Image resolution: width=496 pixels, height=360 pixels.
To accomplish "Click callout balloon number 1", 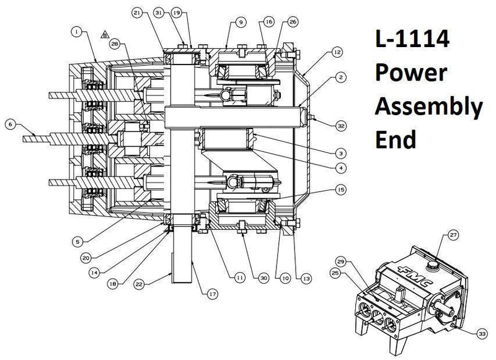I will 76,30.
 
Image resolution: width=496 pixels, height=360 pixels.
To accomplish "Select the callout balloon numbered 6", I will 10,124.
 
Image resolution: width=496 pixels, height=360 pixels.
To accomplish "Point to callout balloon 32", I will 340,126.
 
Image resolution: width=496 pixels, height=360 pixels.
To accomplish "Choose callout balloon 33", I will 481,333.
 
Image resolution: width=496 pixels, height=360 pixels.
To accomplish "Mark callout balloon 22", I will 139,284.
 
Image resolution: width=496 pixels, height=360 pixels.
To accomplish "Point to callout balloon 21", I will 137,12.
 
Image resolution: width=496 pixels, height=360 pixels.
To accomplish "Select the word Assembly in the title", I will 428,107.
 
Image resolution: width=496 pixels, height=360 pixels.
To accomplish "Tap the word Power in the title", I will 410,74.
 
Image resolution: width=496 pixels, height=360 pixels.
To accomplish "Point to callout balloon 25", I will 337,273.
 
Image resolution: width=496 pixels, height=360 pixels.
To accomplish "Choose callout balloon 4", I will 342,167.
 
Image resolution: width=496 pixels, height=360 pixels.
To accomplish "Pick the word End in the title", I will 395,139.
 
